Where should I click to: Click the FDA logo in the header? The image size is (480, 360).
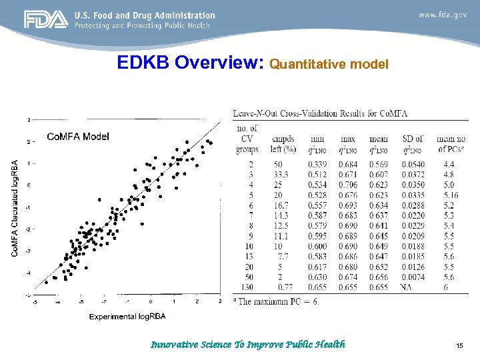point(46,20)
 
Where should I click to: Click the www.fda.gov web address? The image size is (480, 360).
point(443,15)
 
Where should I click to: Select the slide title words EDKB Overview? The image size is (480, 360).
point(192,63)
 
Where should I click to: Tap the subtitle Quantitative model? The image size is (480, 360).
point(329,65)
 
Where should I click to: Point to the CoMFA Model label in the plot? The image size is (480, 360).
point(78,136)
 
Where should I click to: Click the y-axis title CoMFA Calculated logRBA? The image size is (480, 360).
point(15,207)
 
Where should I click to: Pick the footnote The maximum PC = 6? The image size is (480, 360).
point(280,301)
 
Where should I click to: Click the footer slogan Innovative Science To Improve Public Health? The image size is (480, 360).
point(248,345)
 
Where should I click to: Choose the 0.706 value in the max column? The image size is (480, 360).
point(347,185)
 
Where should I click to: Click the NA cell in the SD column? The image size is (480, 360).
point(406,287)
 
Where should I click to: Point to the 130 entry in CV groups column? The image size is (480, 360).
point(247,287)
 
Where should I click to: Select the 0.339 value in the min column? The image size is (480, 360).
point(318,164)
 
